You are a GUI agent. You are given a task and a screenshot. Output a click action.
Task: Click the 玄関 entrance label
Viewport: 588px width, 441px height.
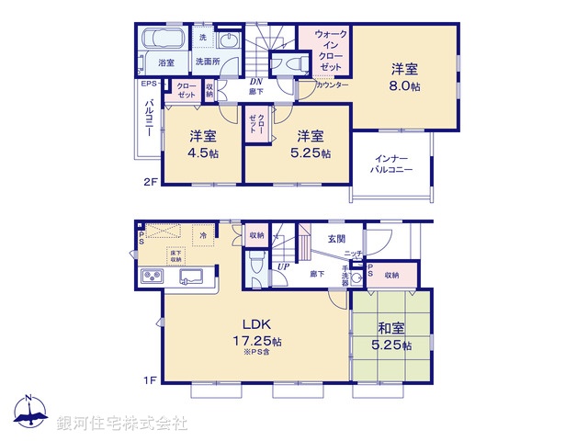337,239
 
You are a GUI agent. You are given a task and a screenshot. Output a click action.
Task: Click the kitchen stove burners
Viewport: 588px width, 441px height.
152,277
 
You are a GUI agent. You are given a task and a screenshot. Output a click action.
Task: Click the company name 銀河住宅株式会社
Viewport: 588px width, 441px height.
122,424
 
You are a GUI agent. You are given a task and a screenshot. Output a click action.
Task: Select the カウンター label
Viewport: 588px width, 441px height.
332,85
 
